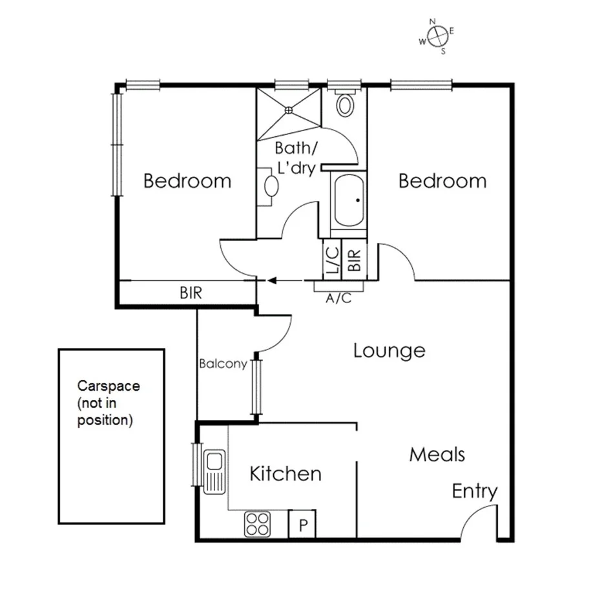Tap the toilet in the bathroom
pos(346,104)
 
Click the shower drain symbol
pos(289,110)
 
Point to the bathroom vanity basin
pos(271,187)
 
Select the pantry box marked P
pos(302,524)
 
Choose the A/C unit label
pos(339,298)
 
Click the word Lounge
pos(389,351)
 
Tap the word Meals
pos(437,454)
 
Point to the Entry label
pos(475,492)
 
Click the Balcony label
pos(223,364)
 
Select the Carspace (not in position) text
pos(109,403)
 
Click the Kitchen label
pos(285,473)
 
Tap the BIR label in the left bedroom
pos(191,293)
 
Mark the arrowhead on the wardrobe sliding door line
pos(272,280)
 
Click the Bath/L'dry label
pos(296,157)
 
